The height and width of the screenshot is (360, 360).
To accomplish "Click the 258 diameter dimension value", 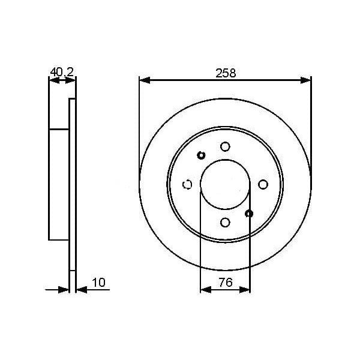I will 225,73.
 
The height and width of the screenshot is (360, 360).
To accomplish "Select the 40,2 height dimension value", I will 61,72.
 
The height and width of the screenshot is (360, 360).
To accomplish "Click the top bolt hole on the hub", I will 225,146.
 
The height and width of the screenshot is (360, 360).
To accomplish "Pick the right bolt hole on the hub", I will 263,184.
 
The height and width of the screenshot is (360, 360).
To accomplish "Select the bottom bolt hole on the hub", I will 225,223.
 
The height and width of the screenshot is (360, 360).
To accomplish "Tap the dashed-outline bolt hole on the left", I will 187,184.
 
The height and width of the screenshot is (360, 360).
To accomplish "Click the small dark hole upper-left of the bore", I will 201,155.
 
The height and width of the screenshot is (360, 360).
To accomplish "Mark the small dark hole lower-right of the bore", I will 250,214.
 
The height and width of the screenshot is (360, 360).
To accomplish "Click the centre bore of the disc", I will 225,184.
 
